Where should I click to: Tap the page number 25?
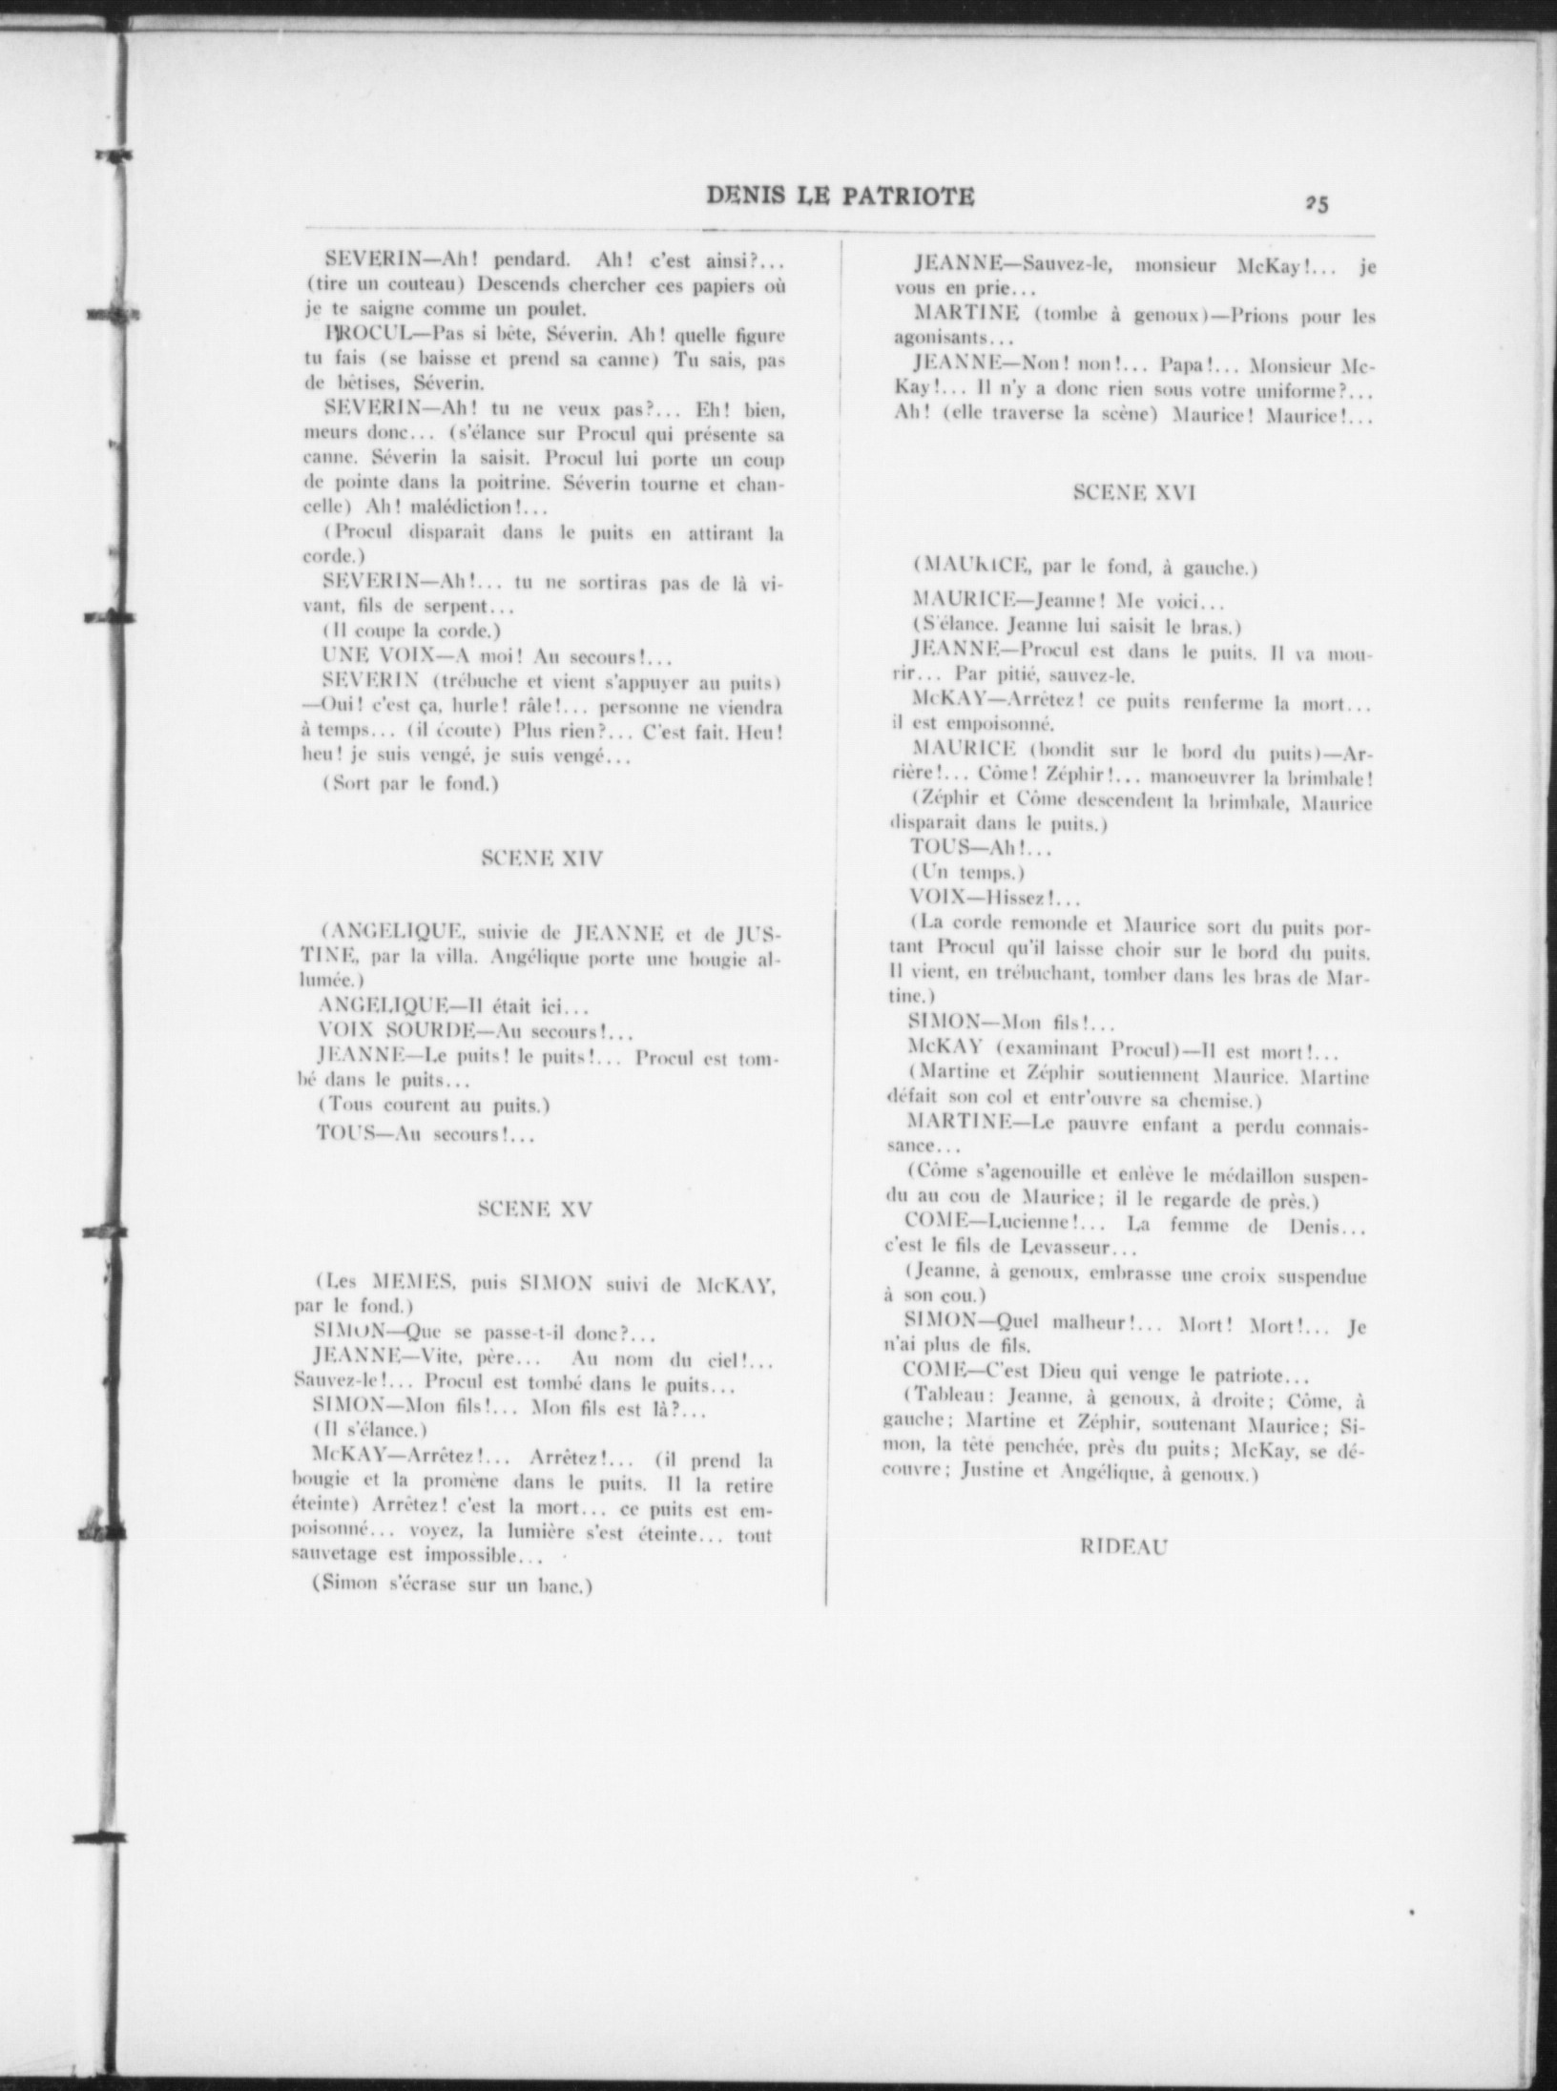pyautogui.click(x=1319, y=203)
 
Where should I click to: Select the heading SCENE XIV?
pyautogui.click(x=540, y=859)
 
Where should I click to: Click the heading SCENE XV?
pyautogui.click(x=534, y=1210)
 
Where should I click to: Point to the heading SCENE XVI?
pyautogui.click(x=1133, y=492)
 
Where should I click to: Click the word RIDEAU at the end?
pyautogui.click(x=1123, y=1547)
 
